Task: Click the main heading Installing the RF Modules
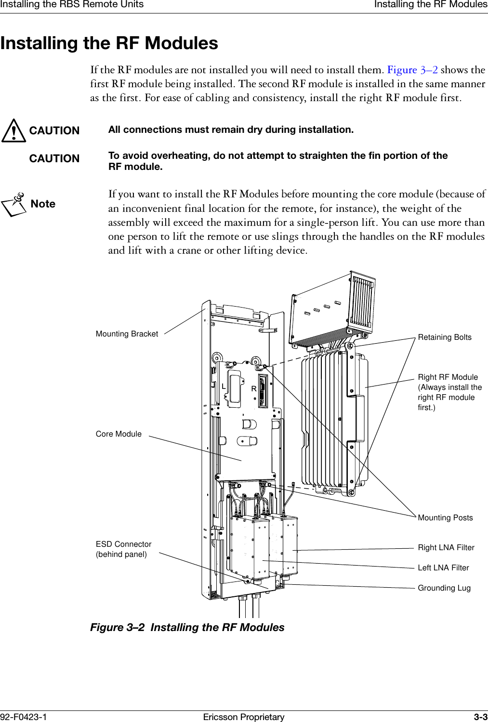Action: click(x=109, y=43)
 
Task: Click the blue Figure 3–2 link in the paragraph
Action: click(x=412, y=70)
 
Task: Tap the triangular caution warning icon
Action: click(x=13, y=131)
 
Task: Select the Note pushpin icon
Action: click(x=14, y=204)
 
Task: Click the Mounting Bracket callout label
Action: click(x=127, y=334)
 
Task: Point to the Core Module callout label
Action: click(x=119, y=434)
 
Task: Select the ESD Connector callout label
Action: click(x=123, y=549)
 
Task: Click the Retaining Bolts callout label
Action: click(x=444, y=337)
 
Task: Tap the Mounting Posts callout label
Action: click(x=445, y=518)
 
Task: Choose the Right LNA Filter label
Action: click(x=446, y=548)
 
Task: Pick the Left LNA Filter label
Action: click(x=443, y=568)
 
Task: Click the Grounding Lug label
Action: click(x=444, y=588)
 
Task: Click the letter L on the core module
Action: click(x=224, y=387)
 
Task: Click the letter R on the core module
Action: click(x=253, y=389)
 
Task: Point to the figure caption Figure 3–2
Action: click(x=187, y=628)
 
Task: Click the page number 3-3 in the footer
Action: click(x=480, y=717)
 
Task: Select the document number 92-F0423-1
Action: click(x=24, y=717)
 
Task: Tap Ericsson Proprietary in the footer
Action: click(x=244, y=717)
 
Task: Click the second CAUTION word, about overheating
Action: click(x=54, y=159)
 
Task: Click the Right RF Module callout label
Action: click(x=449, y=392)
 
